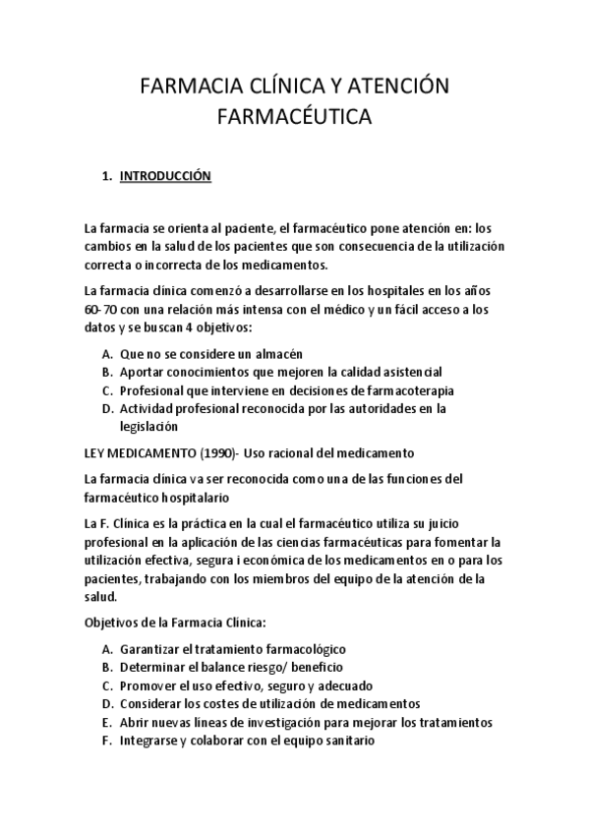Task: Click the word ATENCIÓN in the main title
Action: pyautogui.click(x=396, y=88)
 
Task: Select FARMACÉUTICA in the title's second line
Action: pyautogui.click(x=294, y=119)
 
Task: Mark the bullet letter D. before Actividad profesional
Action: pyautogui.click(x=107, y=408)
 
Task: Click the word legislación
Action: pyautogui.click(x=148, y=426)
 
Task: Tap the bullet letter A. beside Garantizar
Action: pyautogui.click(x=107, y=650)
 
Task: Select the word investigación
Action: pyautogui.click(x=285, y=722)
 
